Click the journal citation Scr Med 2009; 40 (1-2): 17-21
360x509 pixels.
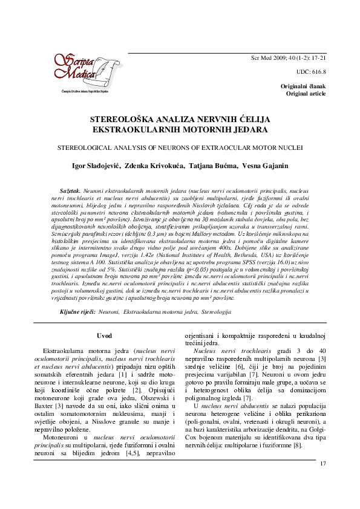(289, 58)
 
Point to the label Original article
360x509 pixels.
(306, 94)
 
